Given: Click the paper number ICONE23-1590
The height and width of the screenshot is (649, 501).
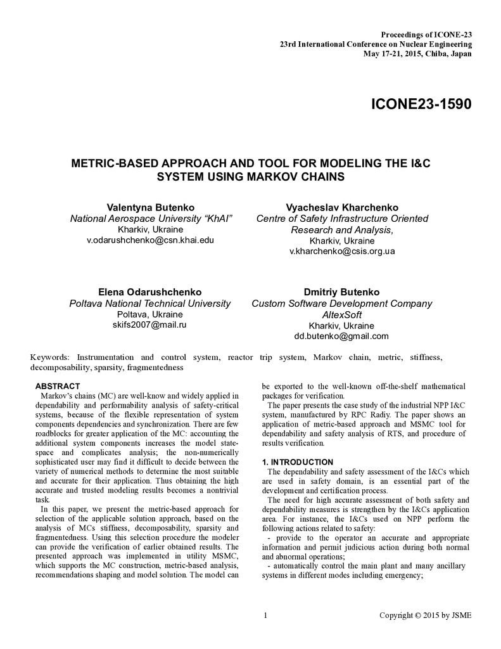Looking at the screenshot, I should (421, 104).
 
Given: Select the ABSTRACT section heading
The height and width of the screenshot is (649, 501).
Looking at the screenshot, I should (58, 386).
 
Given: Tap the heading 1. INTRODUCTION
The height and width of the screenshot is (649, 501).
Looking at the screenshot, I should (298, 462).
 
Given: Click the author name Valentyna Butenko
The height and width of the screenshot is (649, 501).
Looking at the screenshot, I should (150, 207).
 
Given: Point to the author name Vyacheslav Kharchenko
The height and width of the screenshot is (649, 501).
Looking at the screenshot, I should (342, 207).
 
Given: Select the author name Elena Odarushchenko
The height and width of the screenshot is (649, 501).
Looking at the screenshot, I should (150, 292).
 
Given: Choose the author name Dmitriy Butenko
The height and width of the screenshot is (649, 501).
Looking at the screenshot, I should (342, 292).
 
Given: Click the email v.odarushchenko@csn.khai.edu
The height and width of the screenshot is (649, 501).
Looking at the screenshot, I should (150, 240).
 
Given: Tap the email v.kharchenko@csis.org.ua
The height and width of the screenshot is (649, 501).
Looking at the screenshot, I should (342, 251).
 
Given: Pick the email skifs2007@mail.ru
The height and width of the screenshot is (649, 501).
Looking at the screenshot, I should (150, 324).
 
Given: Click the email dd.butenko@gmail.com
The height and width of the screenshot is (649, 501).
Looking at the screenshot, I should (342, 336).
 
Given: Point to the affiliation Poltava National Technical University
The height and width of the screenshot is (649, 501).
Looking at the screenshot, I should (150, 304).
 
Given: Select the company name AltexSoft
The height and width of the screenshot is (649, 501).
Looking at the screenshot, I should (342, 314).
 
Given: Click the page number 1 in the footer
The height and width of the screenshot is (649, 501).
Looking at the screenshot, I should (265, 615).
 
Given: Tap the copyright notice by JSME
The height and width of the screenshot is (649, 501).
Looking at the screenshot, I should (425, 615).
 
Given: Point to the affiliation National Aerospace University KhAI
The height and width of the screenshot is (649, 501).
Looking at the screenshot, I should (150, 219).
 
